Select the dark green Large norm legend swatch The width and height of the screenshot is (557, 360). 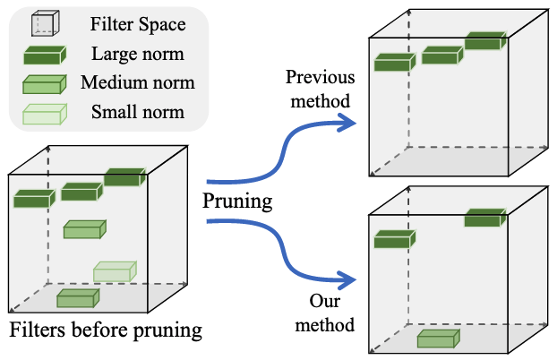[45, 55]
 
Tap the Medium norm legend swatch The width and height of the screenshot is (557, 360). [45, 85]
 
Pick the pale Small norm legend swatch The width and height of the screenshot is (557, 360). [45, 114]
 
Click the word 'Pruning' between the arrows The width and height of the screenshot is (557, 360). [236, 201]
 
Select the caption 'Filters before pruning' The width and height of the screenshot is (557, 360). [106, 330]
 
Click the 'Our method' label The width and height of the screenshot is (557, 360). [319, 313]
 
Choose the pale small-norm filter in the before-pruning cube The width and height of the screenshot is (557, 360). [115, 270]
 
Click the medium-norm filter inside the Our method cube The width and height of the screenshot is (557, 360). [439, 338]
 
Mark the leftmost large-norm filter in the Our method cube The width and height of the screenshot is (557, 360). [395, 239]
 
